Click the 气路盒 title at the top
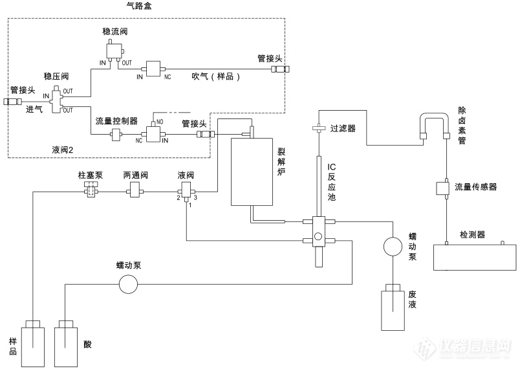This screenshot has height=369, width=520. (139, 6)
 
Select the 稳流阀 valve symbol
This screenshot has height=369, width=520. (114, 50)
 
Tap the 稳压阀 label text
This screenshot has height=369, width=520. (56, 76)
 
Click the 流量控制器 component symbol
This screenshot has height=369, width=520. (115, 135)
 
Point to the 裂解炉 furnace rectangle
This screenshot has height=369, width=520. (252, 172)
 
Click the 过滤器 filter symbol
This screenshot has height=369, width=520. (318, 128)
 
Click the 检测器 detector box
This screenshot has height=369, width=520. (475, 257)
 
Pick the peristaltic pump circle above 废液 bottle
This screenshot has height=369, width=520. (393, 246)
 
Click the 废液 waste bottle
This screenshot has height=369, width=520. (393, 307)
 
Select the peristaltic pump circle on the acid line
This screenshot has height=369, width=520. (128, 285)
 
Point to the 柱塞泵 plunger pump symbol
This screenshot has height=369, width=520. (91, 190)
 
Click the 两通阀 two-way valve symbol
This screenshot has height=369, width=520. (134, 192)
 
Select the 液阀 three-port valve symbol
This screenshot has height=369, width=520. (186, 192)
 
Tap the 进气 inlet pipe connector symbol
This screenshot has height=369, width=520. (12, 101)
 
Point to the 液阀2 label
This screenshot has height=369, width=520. (62, 150)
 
